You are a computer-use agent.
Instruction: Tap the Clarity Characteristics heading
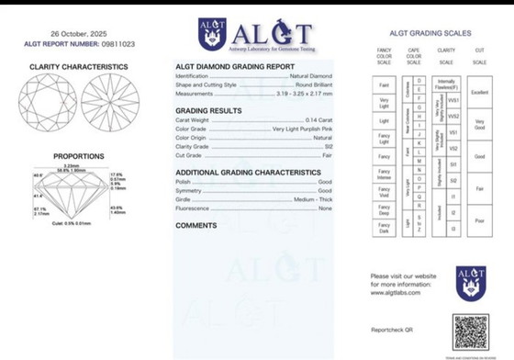[78, 67]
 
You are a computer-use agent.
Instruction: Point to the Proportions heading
[78, 156]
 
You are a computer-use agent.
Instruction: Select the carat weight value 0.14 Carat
[315, 120]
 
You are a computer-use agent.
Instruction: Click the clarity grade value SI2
[326, 146]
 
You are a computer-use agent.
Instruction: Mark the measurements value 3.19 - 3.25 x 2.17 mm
[305, 93]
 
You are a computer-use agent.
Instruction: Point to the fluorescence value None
[325, 208]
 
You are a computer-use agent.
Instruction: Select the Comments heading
[196, 225]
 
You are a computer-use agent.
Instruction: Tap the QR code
[471, 332]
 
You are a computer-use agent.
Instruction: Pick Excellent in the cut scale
[478, 93]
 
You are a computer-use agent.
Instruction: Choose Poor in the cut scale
[478, 220]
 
